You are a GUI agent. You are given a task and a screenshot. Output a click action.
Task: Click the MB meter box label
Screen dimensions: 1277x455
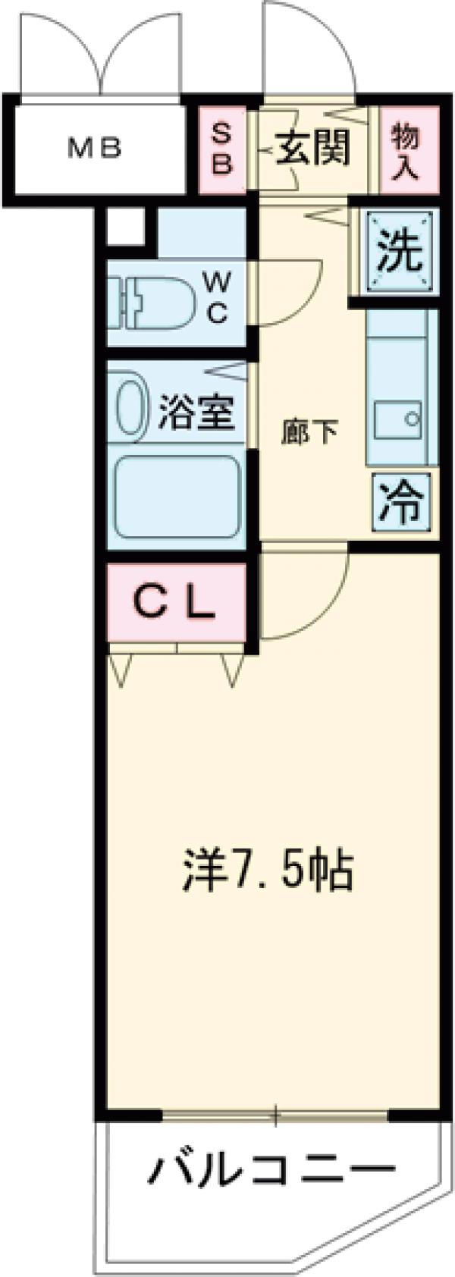(95, 149)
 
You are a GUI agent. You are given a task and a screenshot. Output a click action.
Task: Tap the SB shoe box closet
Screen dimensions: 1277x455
(221, 149)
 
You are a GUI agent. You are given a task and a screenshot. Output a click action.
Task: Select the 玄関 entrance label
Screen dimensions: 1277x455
(312, 147)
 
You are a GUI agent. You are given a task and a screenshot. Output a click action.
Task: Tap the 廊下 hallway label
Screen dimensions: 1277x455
(308, 432)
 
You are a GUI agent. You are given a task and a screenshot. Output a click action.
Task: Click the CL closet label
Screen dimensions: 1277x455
(176, 603)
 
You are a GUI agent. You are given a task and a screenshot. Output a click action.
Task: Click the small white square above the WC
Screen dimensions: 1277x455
(125, 225)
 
